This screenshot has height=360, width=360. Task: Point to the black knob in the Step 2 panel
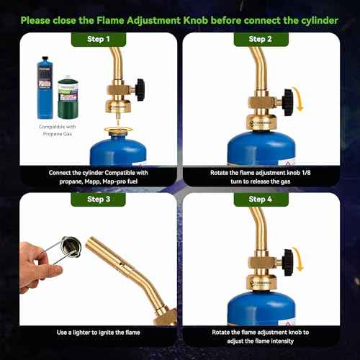pyautogui.click(x=288, y=102)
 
